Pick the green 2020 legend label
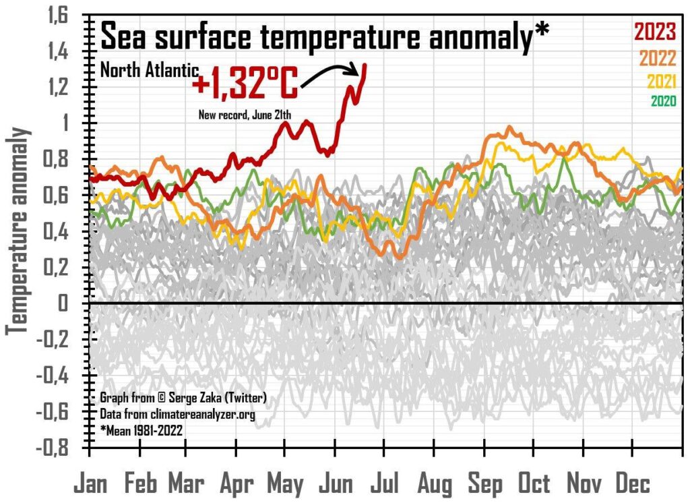(x=664, y=102)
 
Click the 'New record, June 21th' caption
(x=244, y=115)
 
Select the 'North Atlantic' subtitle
(x=149, y=69)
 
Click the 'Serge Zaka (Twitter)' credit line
(x=183, y=398)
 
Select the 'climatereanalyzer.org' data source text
(x=177, y=414)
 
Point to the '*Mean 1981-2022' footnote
(x=144, y=429)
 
